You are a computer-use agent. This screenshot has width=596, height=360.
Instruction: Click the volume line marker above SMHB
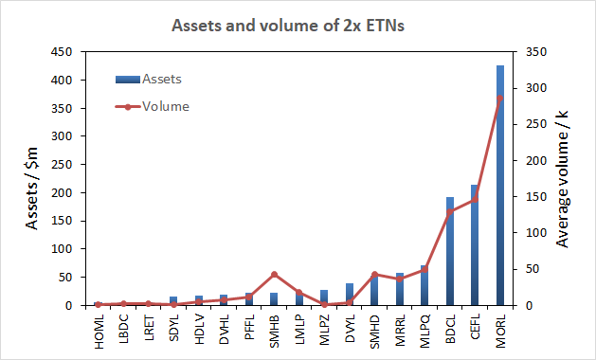tap(274, 275)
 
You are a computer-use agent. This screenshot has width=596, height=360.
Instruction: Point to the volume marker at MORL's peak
tap(500, 99)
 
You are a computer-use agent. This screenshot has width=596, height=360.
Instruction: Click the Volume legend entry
tap(152, 106)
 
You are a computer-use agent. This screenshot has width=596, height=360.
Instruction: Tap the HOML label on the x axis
tap(99, 331)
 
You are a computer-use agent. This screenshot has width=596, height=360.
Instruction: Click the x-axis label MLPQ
tap(424, 331)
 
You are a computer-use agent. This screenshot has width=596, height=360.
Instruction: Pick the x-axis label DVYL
tap(350, 331)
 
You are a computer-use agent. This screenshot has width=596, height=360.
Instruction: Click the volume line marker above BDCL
tap(450, 212)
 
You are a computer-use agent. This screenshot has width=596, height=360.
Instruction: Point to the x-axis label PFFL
tap(249, 331)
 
